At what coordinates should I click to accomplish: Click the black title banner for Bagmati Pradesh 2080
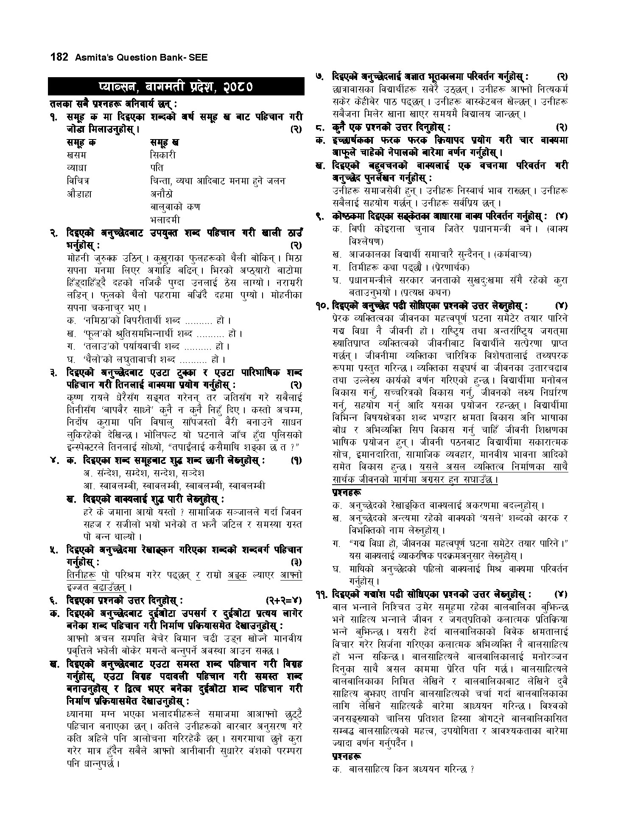[176, 87]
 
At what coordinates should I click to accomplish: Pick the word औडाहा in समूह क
[79, 194]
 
